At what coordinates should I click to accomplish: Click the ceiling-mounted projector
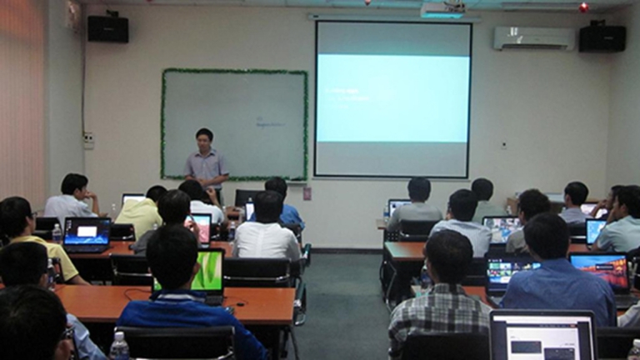coord(442,9)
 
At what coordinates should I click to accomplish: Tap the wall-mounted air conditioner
coord(533,37)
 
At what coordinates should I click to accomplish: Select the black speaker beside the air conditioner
coord(602,37)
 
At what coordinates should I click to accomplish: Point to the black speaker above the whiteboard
coord(108,28)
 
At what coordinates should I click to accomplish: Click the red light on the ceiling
coord(583,7)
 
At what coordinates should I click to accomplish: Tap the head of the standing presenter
coord(204,136)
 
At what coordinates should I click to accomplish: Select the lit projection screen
coord(392,98)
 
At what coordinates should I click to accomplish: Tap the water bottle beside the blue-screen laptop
coord(57,233)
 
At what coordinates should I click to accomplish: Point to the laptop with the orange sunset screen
coord(599,271)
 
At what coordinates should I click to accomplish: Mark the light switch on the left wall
coord(88,140)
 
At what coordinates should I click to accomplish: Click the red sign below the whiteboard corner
coord(307,192)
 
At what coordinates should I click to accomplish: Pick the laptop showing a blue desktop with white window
coord(86,232)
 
